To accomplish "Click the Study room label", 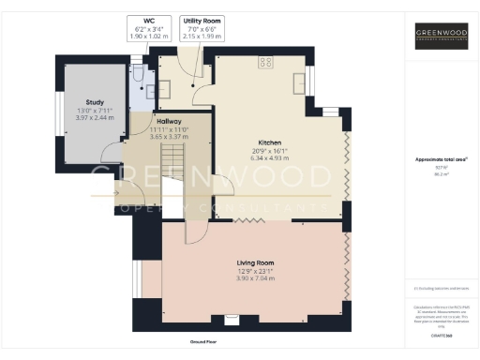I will pyautogui.click(x=94, y=102).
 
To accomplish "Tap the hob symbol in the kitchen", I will pyautogui.click(x=265, y=63).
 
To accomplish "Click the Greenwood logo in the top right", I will pyautogui.click(x=442, y=37).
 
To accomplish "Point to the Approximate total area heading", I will pyautogui.click(x=442, y=159).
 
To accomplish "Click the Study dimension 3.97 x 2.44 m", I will pyautogui.click(x=94, y=118).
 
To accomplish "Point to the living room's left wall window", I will pyautogui.click(x=138, y=277).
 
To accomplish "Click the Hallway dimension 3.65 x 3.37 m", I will pyautogui.click(x=170, y=138).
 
